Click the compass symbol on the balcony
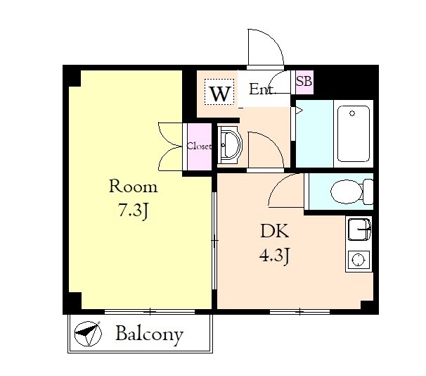[88, 334]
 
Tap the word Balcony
[149, 334]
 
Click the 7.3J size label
[133, 211]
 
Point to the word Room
[133, 186]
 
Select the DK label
[274, 231]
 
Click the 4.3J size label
[274, 256]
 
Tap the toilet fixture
[351, 192]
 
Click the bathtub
[354, 134]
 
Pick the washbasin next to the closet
[230, 144]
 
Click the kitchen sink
[359, 230]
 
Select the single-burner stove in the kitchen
[359, 260]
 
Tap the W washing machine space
[219, 92]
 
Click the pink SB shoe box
[304, 82]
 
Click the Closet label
[199, 146]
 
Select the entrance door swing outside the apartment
[266, 48]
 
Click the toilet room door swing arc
[286, 190]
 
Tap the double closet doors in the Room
[170, 146]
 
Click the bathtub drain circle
[352, 113]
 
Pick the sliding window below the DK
[299, 311]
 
